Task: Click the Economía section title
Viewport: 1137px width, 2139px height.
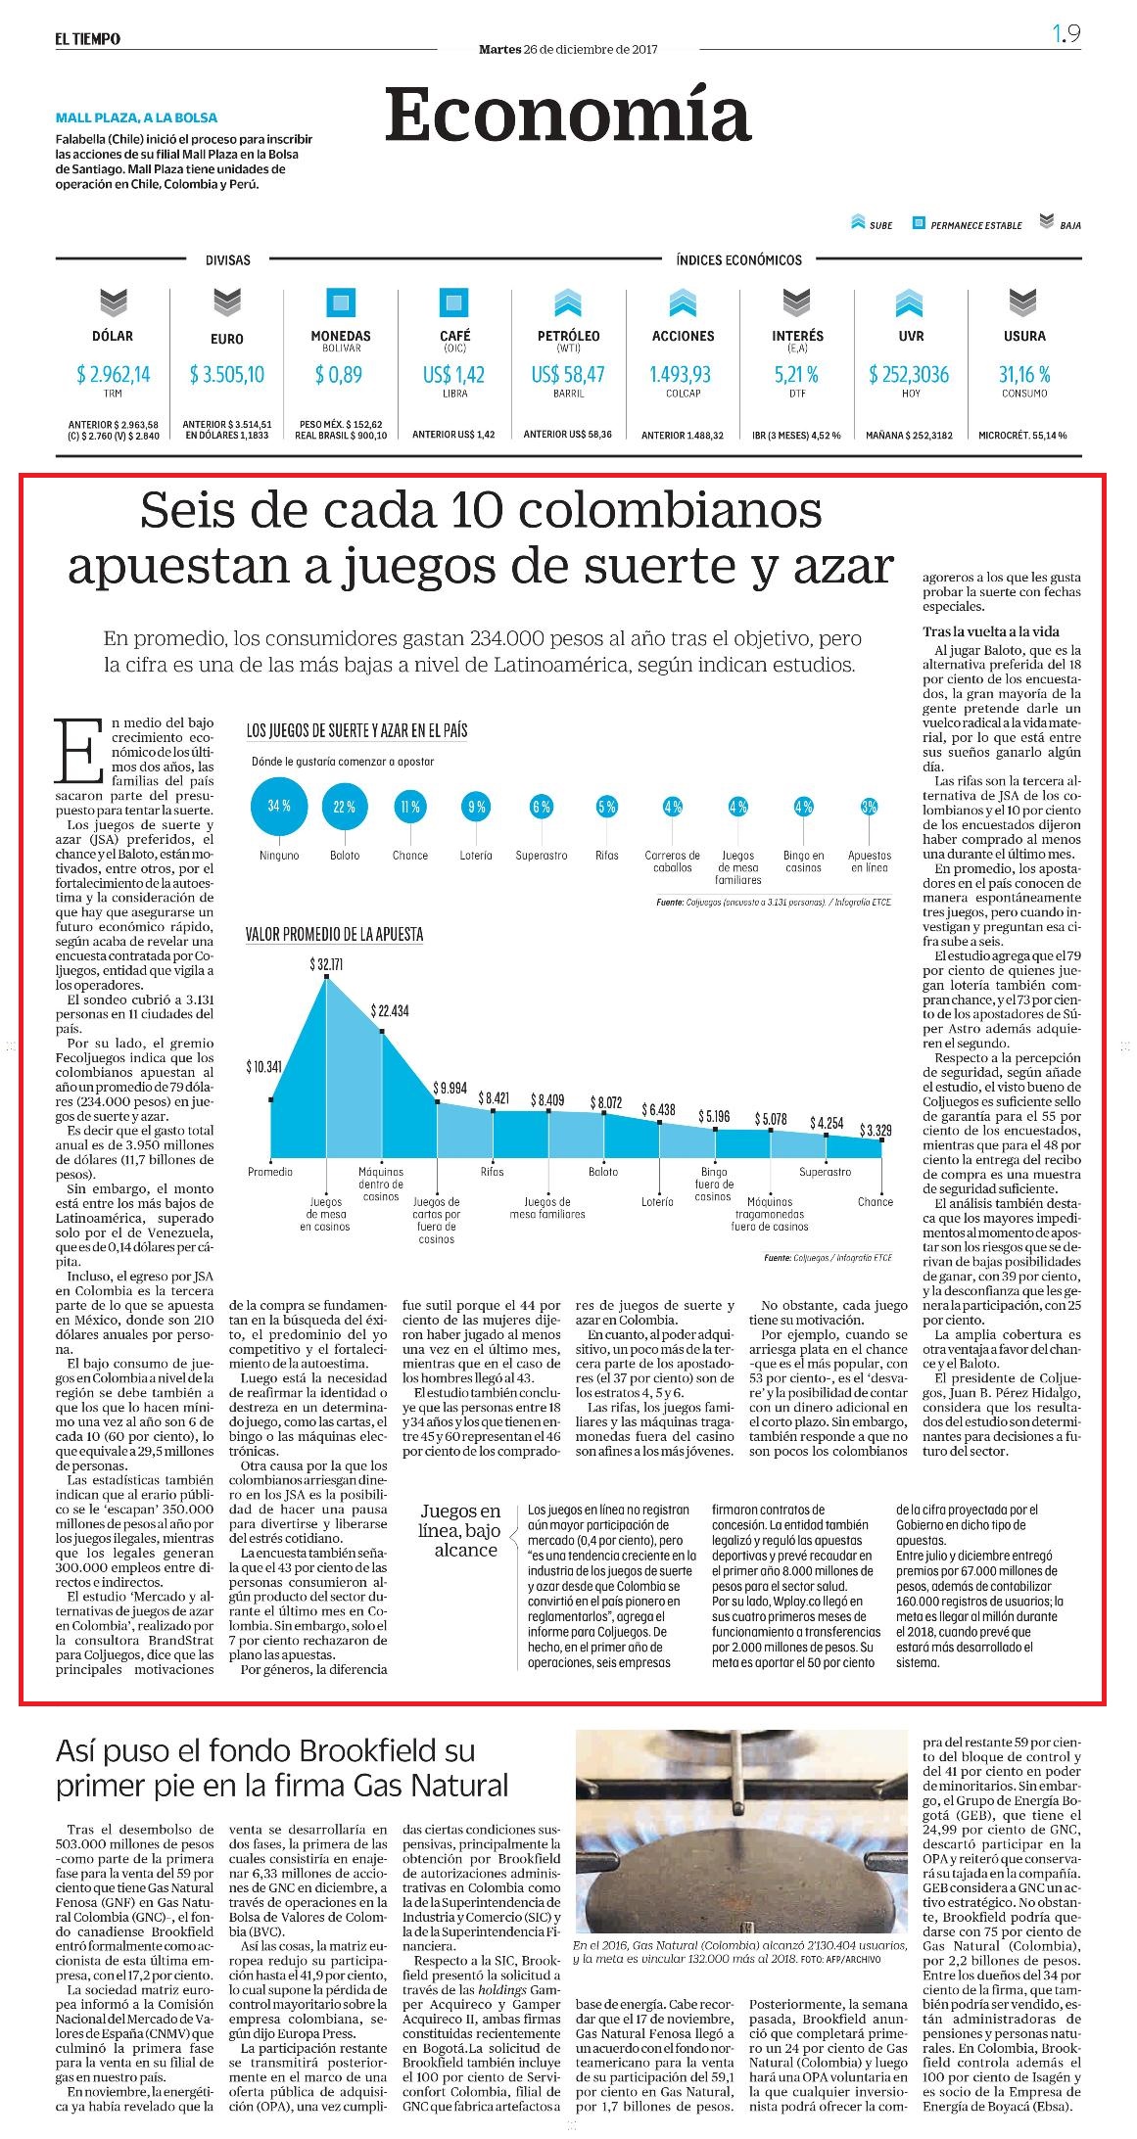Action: click(568, 115)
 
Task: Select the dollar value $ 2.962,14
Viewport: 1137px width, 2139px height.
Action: click(113, 374)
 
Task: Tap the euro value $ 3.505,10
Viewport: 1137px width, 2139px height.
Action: click(227, 374)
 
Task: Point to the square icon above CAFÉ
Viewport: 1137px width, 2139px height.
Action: click(454, 302)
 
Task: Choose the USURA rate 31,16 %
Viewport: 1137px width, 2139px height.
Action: click(1024, 374)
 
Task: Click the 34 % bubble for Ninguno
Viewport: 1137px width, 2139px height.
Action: click(279, 807)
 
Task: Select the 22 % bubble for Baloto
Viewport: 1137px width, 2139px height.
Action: click(345, 807)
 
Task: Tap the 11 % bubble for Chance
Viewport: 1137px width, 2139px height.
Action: click(409, 807)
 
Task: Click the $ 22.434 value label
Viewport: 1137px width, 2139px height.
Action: click(390, 1010)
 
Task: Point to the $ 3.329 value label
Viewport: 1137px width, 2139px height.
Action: click(876, 1131)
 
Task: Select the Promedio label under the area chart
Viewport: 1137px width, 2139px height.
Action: click(270, 1172)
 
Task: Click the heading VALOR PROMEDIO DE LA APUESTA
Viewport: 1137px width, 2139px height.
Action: click(335, 935)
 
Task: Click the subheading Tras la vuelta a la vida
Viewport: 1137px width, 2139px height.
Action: click(991, 631)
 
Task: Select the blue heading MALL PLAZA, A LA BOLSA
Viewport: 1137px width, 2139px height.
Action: click(136, 117)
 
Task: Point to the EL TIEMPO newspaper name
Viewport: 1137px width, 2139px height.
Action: click(87, 38)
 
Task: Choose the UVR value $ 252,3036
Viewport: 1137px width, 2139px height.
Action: click(909, 374)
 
